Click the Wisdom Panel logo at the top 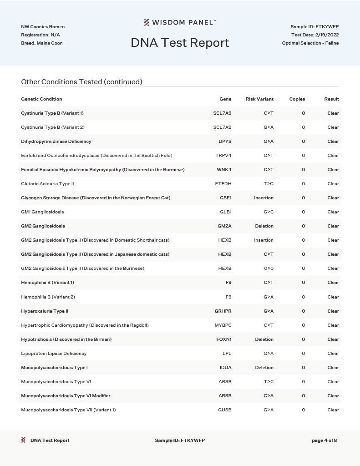click(180, 22)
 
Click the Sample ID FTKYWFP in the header click(314, 27)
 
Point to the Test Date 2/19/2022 click(315, 35)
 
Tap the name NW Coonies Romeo click(43, 27)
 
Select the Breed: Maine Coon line click(42, 43)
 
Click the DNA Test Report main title click(180, 43)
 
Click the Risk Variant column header click(259, 99)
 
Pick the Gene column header click(225, 99)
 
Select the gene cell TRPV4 click(223, 156)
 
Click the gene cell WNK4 click(224, 170)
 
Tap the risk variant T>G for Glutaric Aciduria click(269, 184)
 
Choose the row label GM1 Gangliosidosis click(42, 212)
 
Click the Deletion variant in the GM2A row click(264, 226)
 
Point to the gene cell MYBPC click(223, 325)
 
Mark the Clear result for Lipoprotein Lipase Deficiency click(333, 354)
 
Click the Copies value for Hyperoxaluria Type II click(304, 311)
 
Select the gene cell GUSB click(225, 410)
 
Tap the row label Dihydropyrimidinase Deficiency click(56, 142)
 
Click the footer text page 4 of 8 click(324, 441)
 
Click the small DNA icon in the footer click(23, 440)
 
